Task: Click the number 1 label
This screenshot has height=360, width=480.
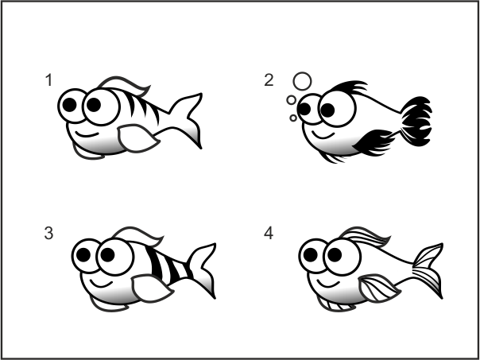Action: [x=49, y=80]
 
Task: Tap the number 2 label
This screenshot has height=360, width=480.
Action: [x=269, y=80]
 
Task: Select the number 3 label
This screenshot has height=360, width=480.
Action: [x=49, y=234]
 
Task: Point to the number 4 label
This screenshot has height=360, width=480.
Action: [x=269, y=234]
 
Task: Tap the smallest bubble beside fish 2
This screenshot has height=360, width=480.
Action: [x=293, y=118]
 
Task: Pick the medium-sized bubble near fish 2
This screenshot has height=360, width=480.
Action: [x=292, y=100]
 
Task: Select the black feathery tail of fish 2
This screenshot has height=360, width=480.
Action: [x=416, y=122]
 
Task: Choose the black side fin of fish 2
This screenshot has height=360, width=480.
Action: [x=374, y=143]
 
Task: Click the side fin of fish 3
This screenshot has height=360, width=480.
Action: [x=152, y=288]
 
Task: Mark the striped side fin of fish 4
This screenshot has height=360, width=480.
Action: [x=379, y=288]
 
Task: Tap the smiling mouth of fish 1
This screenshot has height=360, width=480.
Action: [x=87, y=134]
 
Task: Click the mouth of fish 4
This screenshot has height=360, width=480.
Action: [x=329, y=285]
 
